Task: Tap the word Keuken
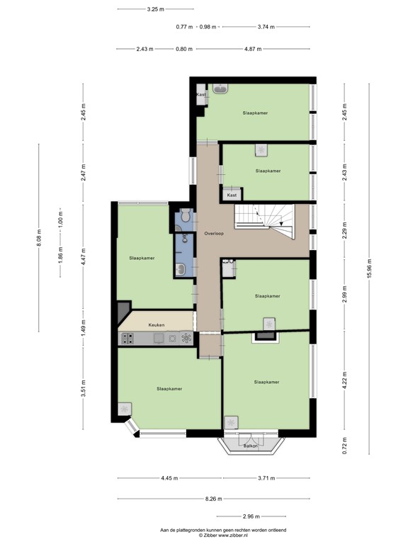pos(157,325)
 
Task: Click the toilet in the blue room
pos(183,218)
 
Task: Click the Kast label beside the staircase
pos(232,194)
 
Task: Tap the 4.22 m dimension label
pos(345,382)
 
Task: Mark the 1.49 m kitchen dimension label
pos(83,327)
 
